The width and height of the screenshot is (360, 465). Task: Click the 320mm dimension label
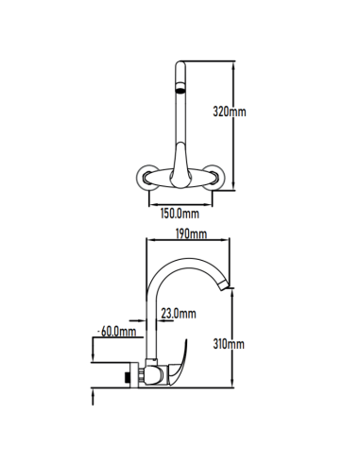230,112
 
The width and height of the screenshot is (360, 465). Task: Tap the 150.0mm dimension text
180,214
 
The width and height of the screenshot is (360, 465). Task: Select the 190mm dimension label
191,234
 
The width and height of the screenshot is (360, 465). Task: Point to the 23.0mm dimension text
179,314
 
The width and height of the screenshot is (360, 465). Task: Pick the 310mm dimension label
229,344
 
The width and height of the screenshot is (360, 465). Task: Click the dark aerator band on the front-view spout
180,88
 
